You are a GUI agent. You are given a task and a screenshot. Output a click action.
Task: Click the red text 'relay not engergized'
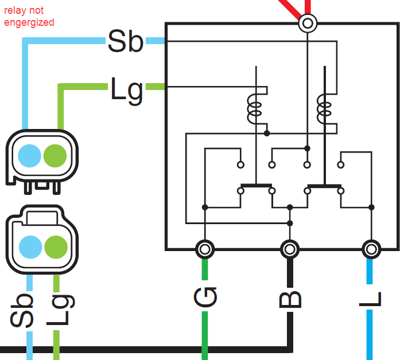tap(29, 17)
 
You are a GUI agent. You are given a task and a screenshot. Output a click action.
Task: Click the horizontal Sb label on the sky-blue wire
tap(126, 41)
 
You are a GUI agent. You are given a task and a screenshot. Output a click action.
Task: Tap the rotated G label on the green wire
tap(205, 297)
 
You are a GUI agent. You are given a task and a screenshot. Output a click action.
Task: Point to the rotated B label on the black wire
tap(290, 300)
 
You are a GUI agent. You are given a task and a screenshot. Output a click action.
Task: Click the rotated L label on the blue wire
tap(370, 299)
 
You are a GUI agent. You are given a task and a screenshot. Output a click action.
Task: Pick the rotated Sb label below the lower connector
tap(22, 310)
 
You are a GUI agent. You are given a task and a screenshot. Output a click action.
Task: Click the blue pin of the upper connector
tap(29, 156)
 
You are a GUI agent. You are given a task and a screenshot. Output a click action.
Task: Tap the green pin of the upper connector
tap(55, 156)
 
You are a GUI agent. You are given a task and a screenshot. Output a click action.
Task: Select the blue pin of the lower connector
tap(30, 247)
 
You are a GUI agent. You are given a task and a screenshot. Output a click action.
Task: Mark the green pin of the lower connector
tap(56, 247)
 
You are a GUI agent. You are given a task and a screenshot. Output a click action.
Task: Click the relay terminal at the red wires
tap(308, 24)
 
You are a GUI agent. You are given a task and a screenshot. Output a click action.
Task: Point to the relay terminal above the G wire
tap(205, 249)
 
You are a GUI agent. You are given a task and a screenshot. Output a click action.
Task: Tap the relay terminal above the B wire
tap(290, 249)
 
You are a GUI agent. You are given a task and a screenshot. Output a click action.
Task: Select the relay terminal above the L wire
tap(371, 249)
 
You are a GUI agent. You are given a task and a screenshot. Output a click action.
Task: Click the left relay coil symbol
tap(254, 109)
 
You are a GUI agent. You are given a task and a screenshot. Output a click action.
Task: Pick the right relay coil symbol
tap(324, 109)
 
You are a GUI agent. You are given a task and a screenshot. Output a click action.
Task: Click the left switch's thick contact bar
tap(257, 186)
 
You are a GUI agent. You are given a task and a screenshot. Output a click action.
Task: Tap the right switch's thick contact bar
tap(324, 186)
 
